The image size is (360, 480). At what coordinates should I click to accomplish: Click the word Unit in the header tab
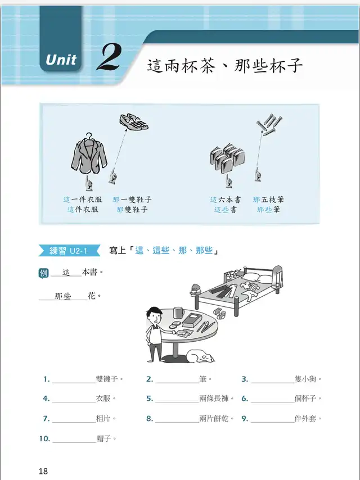click(x=61, y=60)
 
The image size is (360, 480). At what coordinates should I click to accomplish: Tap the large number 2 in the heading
click(x=108, y=57)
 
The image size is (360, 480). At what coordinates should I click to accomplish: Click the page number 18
click(x=43, y=471)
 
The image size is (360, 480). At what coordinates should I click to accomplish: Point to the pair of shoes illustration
click(x=134, y=122)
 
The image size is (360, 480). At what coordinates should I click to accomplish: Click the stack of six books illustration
click(x=227, y=158)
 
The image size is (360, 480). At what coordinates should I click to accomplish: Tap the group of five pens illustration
click(x=269, y=125)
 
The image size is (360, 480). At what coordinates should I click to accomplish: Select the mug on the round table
click(x=179, y=313)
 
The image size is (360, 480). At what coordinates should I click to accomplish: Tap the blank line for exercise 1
click(x=74, y=383)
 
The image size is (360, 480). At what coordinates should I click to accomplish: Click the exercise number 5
click(x=150, y=399)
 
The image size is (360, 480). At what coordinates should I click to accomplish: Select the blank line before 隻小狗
click(x=272, y=383)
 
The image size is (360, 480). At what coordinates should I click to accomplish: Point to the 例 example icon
click(x=43, y=273)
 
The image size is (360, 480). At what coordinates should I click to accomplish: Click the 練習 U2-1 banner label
click(x=69, y=251)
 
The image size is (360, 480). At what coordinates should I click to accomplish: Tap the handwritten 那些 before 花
click(x=63, y=296)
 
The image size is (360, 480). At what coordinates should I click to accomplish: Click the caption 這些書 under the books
click(x=225, y=210)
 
